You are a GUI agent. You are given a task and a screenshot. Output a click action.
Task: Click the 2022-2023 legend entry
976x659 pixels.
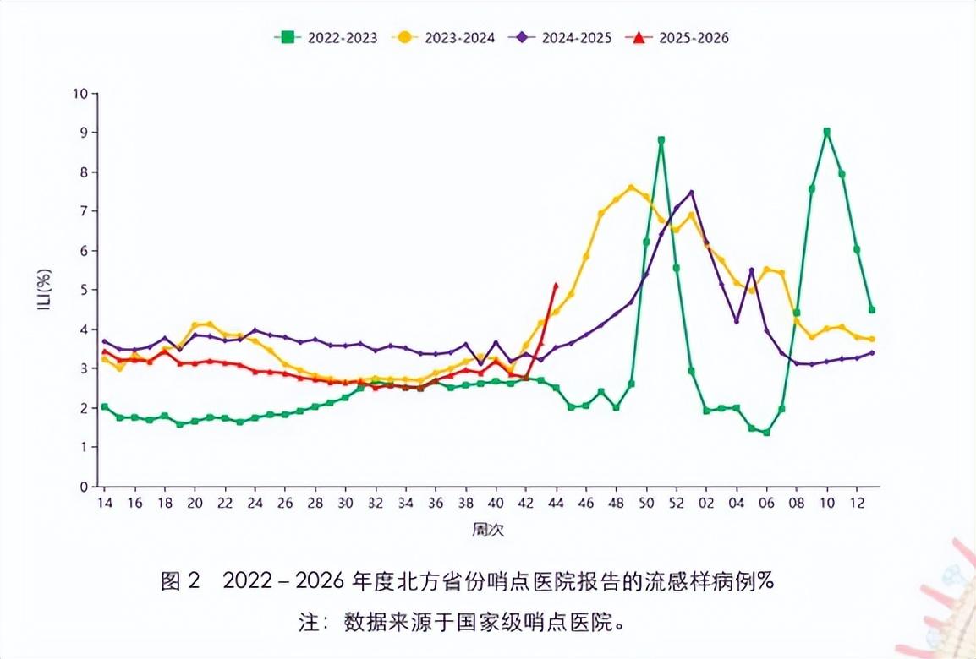pyautogui.click(x=325, y=37)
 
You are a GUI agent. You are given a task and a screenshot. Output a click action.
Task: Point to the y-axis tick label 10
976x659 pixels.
pyautogui.click(x=80, y=94)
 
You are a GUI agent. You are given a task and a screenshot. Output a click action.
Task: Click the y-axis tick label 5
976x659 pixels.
pyautogui.click(x=84, y=290)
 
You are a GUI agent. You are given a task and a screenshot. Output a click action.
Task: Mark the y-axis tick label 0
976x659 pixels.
pyautogui.click(x=84, y=487)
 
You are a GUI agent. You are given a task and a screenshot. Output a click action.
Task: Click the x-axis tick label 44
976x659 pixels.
pyautogui.click(x=556, y=503)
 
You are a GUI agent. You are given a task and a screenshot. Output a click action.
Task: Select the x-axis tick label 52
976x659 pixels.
pyautogui.click(x=677, y=503)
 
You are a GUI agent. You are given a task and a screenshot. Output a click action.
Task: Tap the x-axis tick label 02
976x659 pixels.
pyautogui.click(x=706, y=503)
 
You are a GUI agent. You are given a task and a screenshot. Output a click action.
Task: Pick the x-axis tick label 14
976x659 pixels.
pyautogui.click(x=104, y=503)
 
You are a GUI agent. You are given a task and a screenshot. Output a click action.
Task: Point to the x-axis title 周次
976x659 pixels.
pyautogui.click(x=488, y=530)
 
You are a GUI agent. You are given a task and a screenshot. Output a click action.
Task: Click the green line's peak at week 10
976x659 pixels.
pyautogui.click(x=826, y=132)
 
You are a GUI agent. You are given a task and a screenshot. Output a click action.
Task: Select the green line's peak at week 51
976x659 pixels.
pyautogui.click(x=661, y=140)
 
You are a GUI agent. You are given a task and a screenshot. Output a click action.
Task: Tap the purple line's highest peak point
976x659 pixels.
pyautogui.click(x=691, y=193)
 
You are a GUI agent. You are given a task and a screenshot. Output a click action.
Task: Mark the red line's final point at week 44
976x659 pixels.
pyautogui.click(x=556, y=285)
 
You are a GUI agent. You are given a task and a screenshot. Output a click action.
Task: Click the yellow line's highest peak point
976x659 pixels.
pyautogui.click(x=631, y=187)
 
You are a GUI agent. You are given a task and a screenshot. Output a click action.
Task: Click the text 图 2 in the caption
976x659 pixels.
pyautogui.click(x=180, y=581)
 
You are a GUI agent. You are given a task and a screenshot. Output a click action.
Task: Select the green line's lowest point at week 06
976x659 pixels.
pyautogui.click(x=766, y=433)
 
